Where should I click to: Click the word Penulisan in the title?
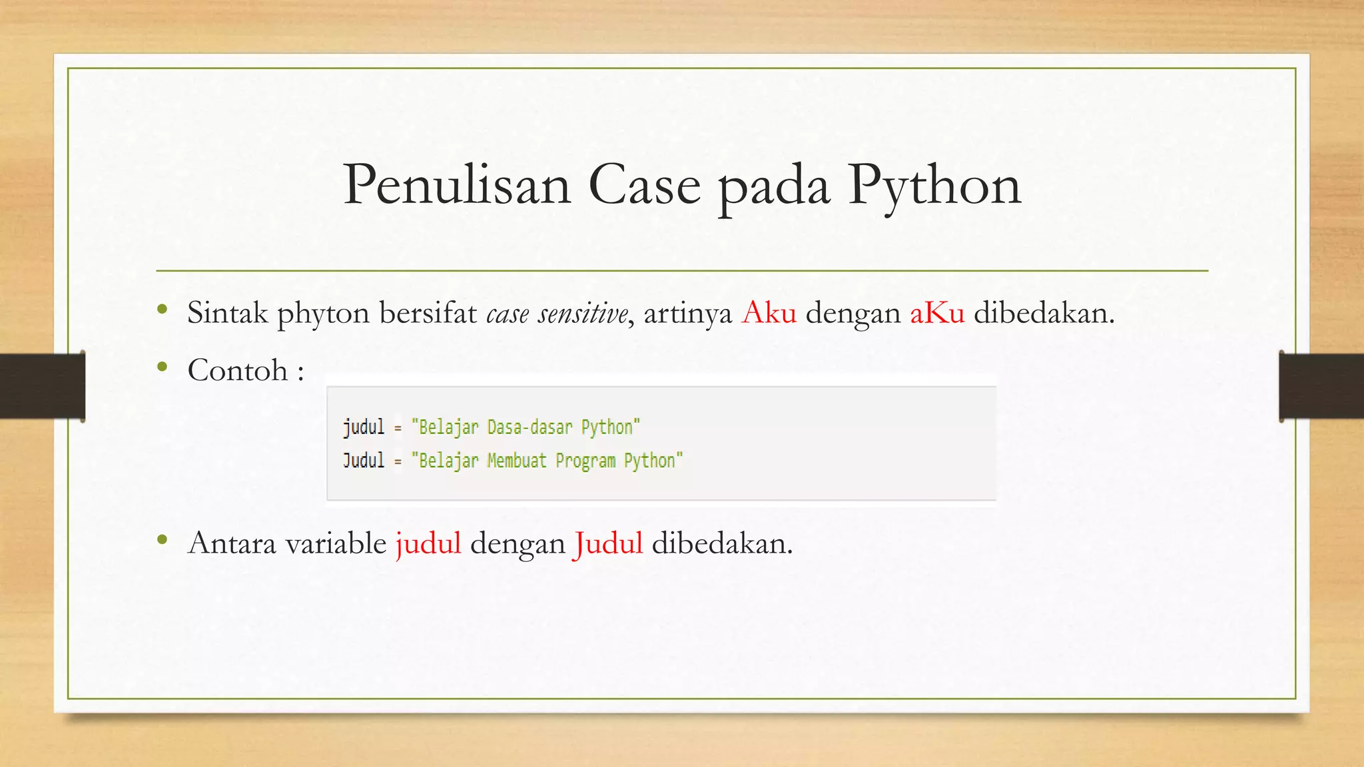(457, 185)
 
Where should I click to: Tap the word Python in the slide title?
(934, 185)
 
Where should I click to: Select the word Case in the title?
(644, 185)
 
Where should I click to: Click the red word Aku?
(769, 312)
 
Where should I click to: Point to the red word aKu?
(937, 312)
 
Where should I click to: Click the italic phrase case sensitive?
(557, 313)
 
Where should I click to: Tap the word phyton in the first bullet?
(323, 313)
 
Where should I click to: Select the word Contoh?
(238, 370)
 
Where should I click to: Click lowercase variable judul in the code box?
(364, 427)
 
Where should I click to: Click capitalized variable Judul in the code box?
(364, 460)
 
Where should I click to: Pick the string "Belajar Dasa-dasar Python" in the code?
(525, 427)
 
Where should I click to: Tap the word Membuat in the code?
(516, 460)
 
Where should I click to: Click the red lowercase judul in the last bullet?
(428, 543)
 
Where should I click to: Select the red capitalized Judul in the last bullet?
(607, 543)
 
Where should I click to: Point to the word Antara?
(232, 543)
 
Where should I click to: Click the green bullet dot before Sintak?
(162, 309)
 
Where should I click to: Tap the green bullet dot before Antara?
(162, 540)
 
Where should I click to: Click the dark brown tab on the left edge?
(42, 386)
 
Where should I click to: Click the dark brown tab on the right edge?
(1321, 386)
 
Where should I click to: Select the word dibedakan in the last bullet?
(721, 543)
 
